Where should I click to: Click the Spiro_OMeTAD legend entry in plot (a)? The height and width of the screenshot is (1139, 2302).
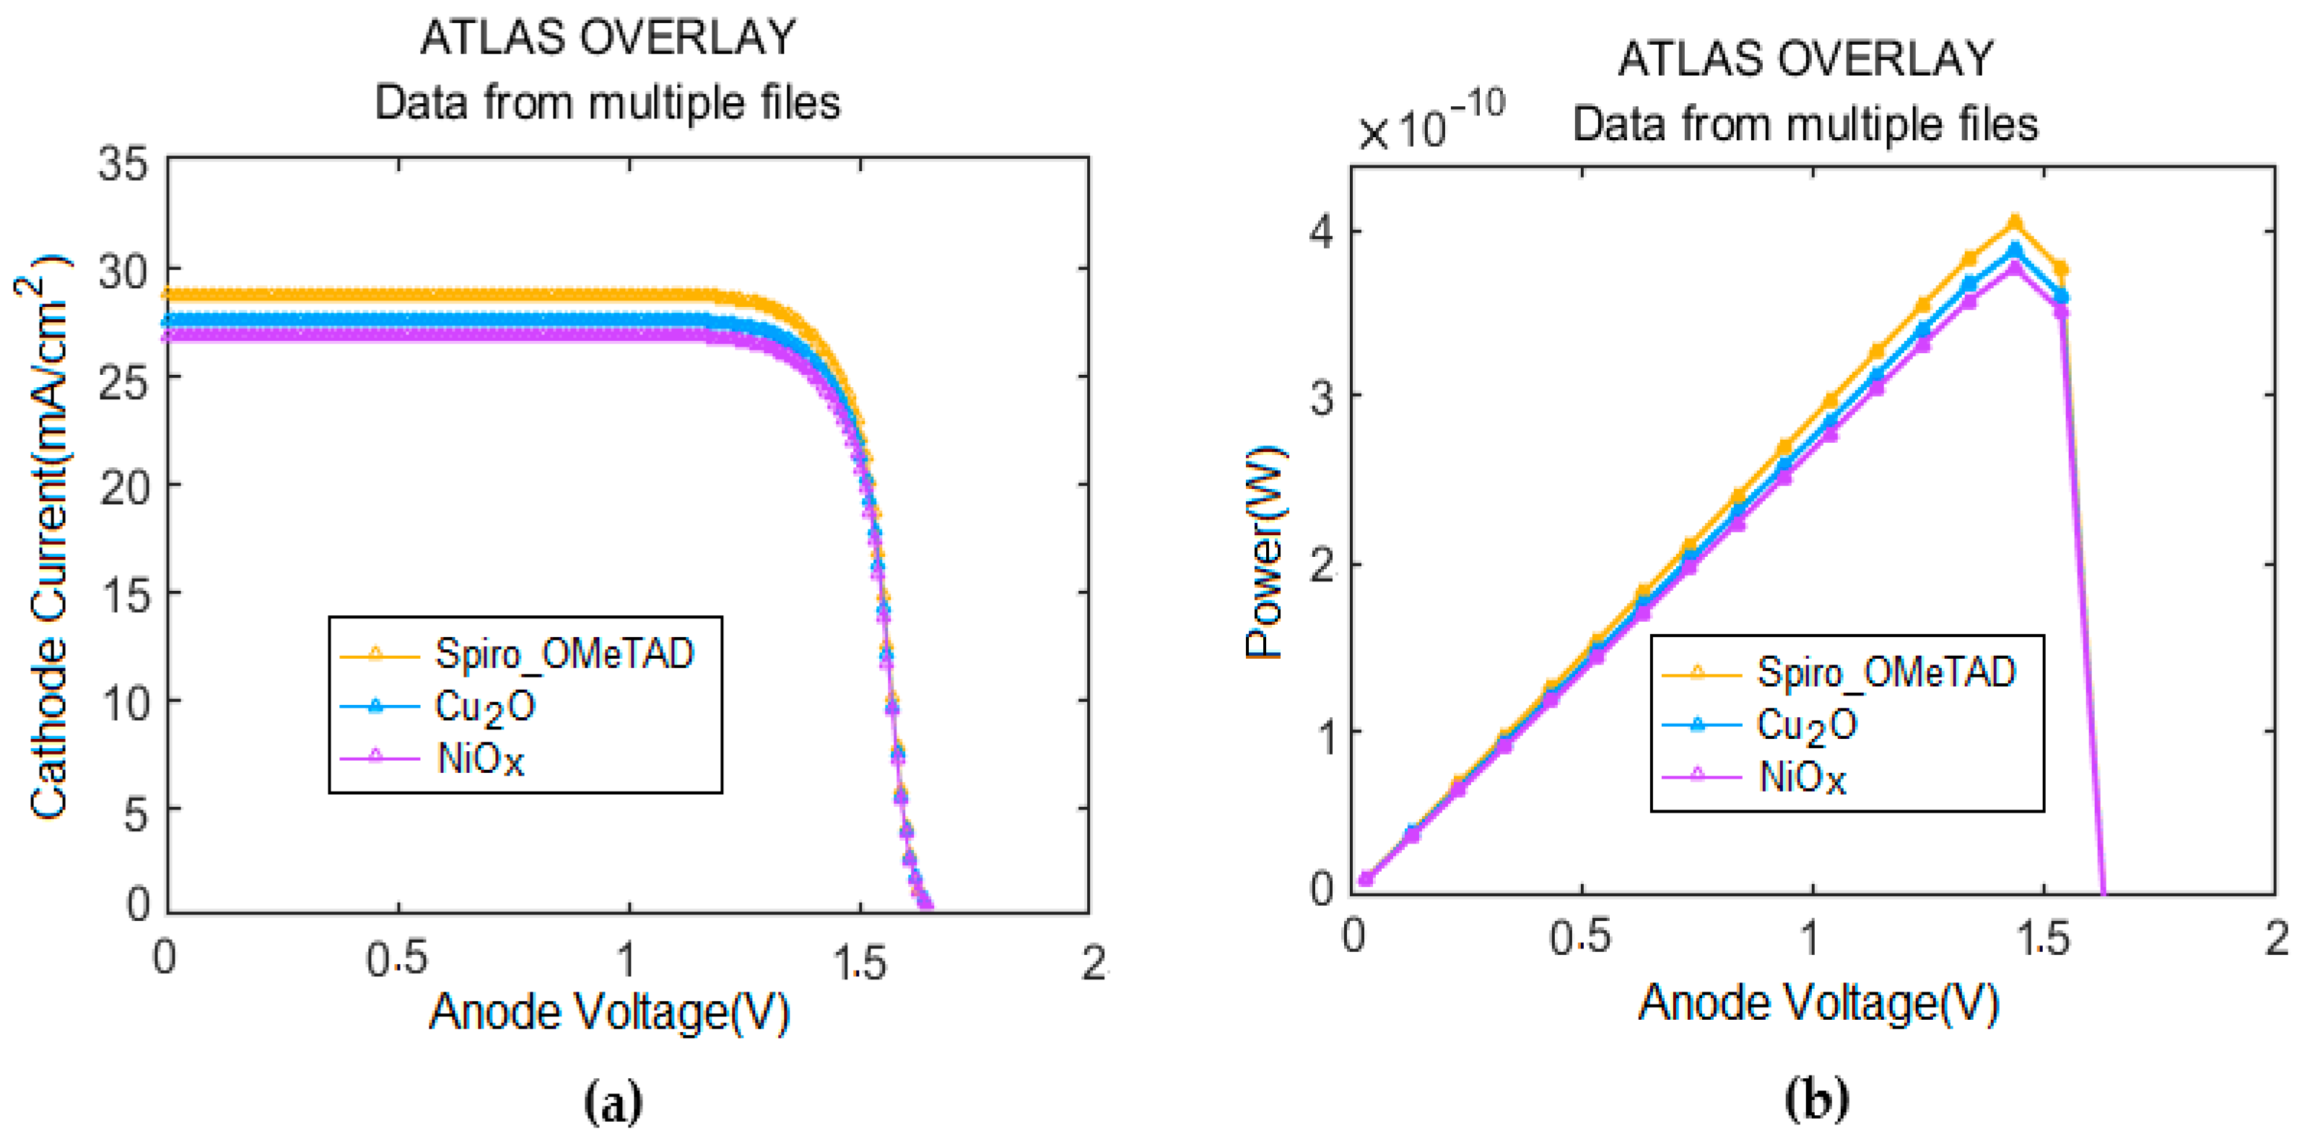[563, 654]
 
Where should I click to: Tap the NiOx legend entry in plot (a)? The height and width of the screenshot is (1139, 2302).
[480, 760]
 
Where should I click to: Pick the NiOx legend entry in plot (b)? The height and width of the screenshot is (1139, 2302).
[1802, 778]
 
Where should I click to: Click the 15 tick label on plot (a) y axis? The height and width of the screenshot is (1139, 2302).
[125, 594]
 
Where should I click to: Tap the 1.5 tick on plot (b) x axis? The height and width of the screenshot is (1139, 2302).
[2043, 939]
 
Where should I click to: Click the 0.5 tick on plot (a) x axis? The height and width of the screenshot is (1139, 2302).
[397, 959]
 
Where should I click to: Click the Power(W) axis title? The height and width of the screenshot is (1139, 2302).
[1265, 552]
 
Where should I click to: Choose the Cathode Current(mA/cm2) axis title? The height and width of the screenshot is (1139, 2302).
[45, 537]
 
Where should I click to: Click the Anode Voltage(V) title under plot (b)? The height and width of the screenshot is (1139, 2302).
[1818, 1003]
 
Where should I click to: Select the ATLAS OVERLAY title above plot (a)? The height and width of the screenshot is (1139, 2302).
[608, 38]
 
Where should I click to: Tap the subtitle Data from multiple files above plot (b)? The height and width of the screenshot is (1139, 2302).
[1805, 124]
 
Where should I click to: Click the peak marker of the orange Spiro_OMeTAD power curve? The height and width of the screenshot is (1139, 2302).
[2015, 222]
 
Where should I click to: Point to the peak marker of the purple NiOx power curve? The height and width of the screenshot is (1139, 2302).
[2015, 267]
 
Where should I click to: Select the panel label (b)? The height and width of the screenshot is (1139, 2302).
[1816, 1099]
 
